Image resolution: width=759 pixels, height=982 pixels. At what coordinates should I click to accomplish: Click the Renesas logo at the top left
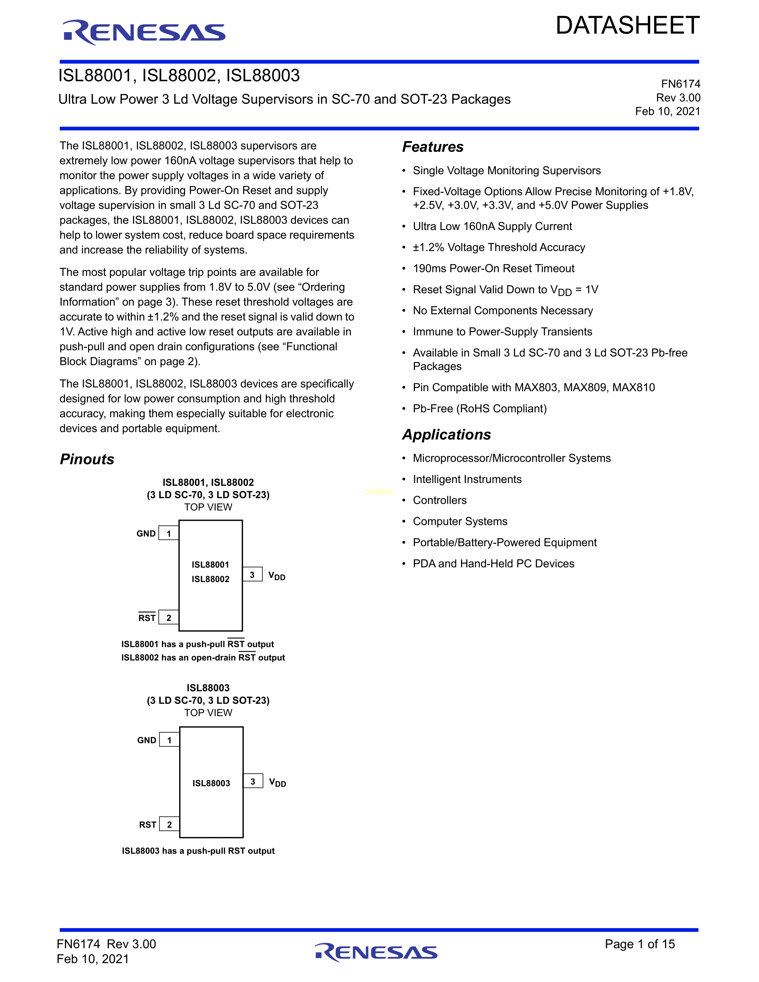(x=144, y=32)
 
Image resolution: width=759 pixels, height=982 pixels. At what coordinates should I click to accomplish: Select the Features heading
(x=432, y=147)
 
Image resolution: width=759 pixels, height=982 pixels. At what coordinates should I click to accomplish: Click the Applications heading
(x=446, y=435)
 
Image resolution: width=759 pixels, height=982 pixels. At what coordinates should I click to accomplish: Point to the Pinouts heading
(x=87, y=459)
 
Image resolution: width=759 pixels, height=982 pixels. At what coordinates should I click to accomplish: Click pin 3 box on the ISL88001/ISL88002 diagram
(x=252, y=575)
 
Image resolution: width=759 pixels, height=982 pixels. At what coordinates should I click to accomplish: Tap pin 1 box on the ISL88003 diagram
(x=170, y=740)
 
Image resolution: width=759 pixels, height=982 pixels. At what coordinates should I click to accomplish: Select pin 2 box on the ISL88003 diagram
(x=170, y=825)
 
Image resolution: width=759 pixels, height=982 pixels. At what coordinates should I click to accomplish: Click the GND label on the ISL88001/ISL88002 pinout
(x=146, y=534)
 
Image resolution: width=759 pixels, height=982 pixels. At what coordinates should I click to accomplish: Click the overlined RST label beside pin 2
(x=147, y=618)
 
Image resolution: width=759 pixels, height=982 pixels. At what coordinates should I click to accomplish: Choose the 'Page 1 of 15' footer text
(x=639, y=944)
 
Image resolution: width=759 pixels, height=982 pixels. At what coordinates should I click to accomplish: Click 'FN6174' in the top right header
(x=680, y=84)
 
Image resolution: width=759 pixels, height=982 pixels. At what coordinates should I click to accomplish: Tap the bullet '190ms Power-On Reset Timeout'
(x=493, y=268)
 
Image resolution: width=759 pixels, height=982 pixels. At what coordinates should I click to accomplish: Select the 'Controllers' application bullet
(x=439, y=501)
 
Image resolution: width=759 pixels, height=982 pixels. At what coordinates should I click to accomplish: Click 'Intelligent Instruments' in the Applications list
(x=467, y=479)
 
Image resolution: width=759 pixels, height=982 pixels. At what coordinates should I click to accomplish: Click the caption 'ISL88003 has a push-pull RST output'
(x=198, y=851)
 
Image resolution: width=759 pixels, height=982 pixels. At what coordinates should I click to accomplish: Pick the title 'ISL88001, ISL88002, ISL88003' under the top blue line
(x=179, y=76)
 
